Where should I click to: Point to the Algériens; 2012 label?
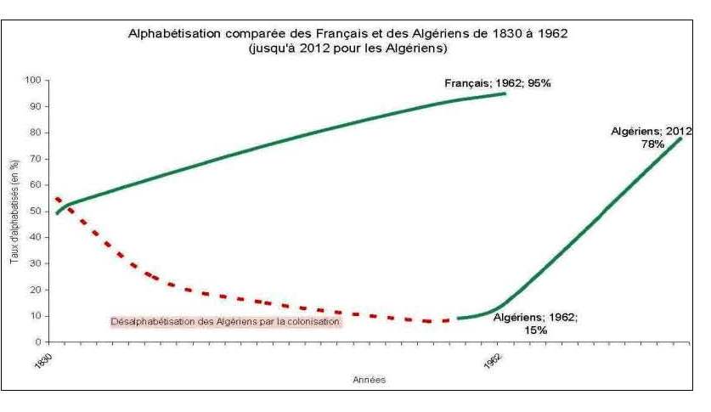(652, 132)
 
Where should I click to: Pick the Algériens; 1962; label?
(535, 317)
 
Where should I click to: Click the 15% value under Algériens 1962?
(535, 330)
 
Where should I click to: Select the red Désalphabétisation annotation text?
(225, 322)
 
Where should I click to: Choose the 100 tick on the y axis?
(33, 80)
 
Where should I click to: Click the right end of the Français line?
(505, 93)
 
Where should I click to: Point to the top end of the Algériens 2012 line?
(680, 138)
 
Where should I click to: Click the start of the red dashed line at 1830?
(56, 198)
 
